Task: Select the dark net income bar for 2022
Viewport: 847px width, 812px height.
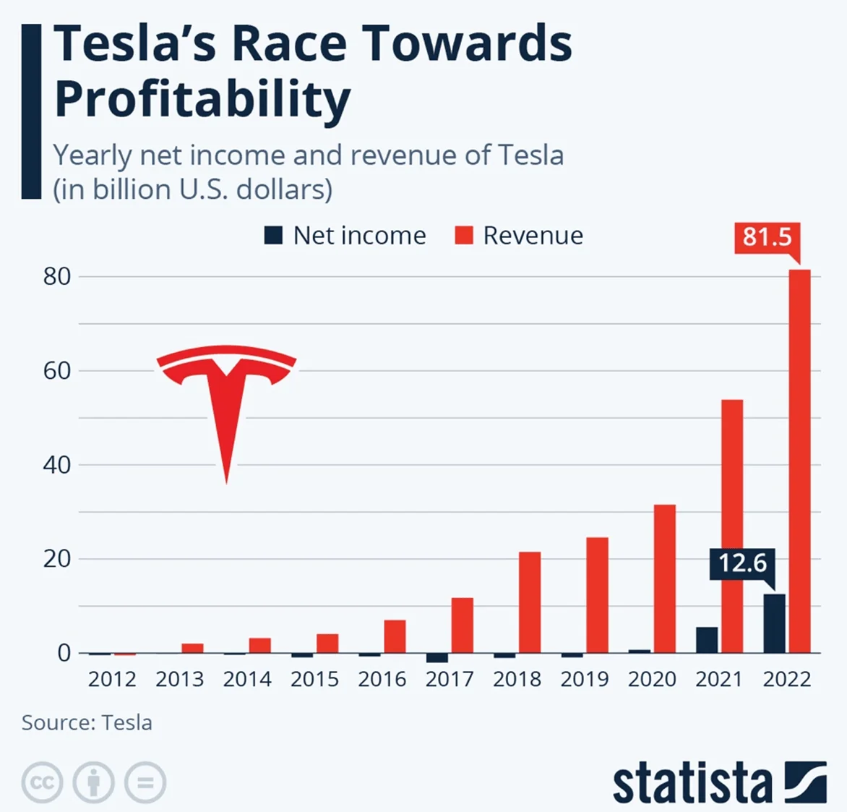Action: [x=774, y=623]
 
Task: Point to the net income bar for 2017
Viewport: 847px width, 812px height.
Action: [x=437, y=657]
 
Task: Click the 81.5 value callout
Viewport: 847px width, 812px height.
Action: [x=767, y=237]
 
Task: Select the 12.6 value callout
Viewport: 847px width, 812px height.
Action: [x=742, y=563]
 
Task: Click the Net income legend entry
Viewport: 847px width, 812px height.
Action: [x=345, y=236]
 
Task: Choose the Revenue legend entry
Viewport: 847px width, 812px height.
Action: [x=519, y=236]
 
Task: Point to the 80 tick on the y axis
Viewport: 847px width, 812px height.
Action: [x=57, y=277]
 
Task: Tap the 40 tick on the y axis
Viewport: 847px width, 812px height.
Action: [x=57, y=465]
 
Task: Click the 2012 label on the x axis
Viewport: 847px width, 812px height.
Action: [x=112, y=680]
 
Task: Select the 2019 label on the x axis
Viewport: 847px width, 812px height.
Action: [x=585, y=680]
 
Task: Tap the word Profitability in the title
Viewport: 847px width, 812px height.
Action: [x=202, y=99]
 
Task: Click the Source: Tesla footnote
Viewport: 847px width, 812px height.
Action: [x=87, y=723]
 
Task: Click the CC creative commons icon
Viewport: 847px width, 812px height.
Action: [x=42, y=782]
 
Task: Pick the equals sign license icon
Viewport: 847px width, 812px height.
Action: [x=145, y=782]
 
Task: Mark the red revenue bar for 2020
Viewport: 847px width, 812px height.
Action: [x=665, y=578]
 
